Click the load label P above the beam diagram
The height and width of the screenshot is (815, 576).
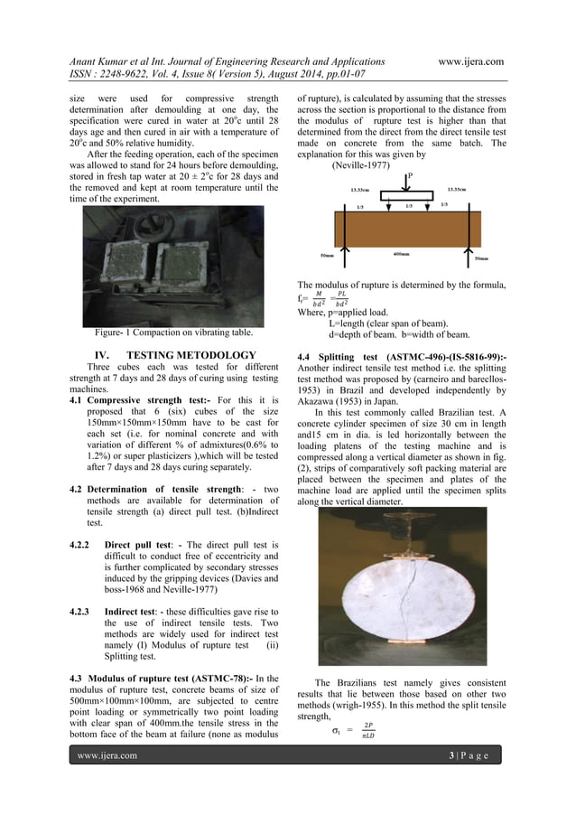click(x=411, y=176)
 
